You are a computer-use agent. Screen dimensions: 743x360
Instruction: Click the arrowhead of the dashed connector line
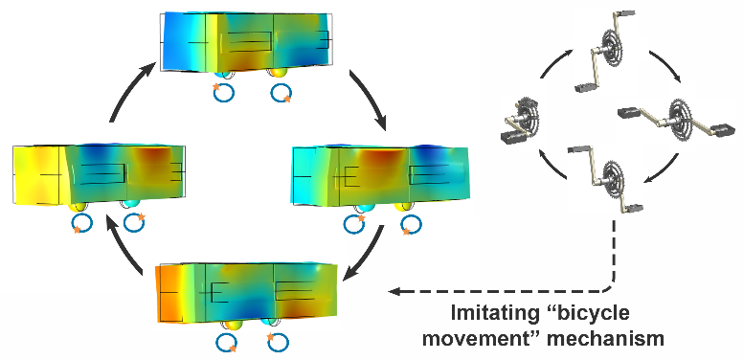[x=394, y=291]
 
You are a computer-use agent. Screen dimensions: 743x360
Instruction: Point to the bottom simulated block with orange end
[x=248, y=295]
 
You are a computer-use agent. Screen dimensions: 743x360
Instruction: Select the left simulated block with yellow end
[x=100, y=175]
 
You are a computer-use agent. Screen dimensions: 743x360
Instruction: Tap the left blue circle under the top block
[x=223, y=93]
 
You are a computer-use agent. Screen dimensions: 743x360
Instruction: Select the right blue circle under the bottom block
[x=278, y=342]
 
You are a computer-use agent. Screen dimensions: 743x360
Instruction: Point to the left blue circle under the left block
[x=81, y=222]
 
